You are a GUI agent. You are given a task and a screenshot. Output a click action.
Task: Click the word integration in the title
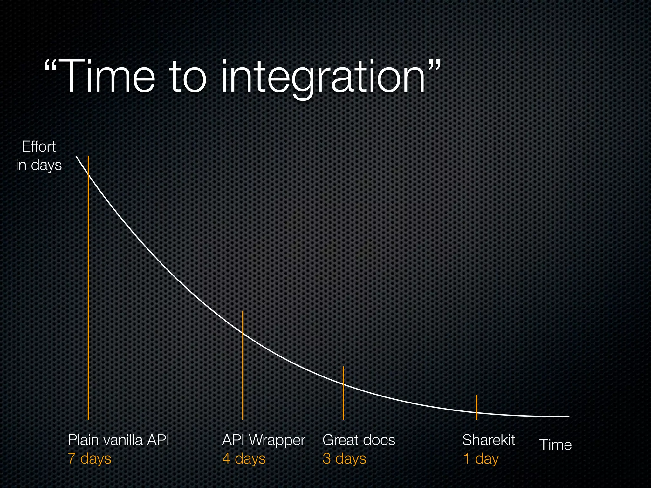(323, 78)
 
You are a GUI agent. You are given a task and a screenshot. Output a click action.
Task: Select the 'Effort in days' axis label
(39, 156)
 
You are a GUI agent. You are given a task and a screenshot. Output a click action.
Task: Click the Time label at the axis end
(555, 445)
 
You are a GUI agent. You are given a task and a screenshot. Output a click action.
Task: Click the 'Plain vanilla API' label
(118, 440)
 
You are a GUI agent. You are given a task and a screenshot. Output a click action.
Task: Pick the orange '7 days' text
(90, 459)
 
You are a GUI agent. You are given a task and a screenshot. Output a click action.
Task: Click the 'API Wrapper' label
(264, 440)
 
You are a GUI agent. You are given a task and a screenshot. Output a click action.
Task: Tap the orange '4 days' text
(244, 459)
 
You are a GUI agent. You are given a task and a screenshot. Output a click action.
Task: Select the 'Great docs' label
(359, 440)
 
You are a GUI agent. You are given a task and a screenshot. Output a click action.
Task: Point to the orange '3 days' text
(344, 459)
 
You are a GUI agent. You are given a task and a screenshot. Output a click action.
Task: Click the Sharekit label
(489, 440)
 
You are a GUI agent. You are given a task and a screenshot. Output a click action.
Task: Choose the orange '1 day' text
(481, 459)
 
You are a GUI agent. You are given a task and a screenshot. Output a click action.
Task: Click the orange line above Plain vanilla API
(88, 286)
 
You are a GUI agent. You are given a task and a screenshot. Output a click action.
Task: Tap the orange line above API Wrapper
(243, 365)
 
